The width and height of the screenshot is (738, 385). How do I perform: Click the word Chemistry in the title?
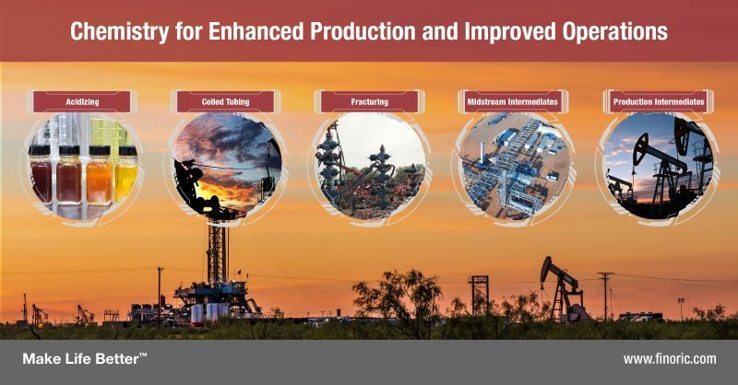[119, 32]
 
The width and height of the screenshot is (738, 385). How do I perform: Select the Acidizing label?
[82, 101]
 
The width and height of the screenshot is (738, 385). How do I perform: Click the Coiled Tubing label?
[225, 101]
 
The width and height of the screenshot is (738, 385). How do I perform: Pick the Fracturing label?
[370, 101]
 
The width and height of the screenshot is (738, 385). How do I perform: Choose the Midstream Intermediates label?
[513, 101]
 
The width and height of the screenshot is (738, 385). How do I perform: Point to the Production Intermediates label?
[659, 101]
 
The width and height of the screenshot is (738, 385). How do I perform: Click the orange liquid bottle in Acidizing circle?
[100, 175]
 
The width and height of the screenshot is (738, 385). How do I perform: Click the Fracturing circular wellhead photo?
[371, 166]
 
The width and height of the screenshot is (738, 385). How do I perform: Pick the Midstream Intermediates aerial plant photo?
[514, 166]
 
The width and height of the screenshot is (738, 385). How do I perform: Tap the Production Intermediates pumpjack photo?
[658, 166]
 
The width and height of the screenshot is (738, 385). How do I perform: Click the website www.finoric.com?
[670, 359]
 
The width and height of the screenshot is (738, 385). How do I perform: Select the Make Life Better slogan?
[85, 358]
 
